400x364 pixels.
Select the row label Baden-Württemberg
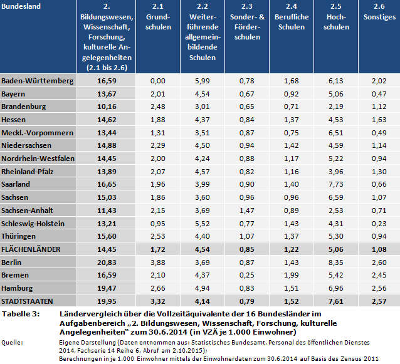point(37,81)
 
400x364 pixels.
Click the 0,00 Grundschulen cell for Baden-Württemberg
point(158,81)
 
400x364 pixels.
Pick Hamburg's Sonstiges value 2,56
point(379,288)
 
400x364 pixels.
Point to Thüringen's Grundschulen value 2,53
point(158,236)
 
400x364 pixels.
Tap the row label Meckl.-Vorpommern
point(38,133)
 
